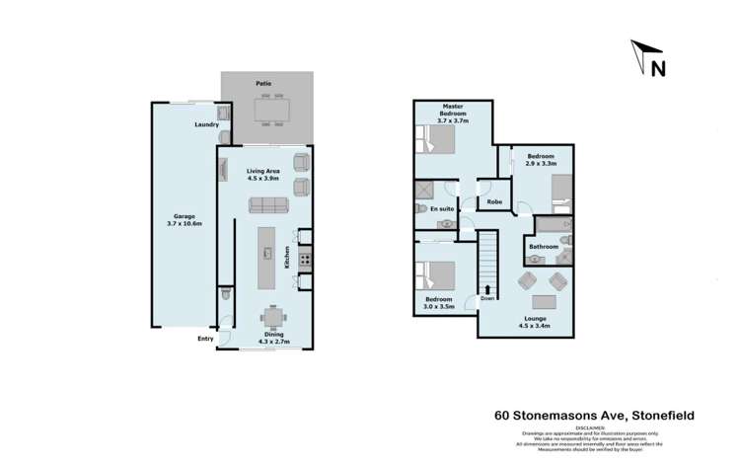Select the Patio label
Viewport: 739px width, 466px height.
263,84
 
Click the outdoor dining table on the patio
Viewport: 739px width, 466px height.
269,111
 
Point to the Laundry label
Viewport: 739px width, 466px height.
206,124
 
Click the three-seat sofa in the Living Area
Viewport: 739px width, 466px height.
267,205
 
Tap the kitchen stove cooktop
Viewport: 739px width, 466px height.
304,261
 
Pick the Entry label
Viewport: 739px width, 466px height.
205,339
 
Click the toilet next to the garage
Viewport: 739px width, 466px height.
226,294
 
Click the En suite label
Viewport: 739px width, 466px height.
442,209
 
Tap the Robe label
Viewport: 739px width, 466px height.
494,201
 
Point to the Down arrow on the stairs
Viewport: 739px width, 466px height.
488,288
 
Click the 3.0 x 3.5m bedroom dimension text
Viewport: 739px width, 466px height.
438,308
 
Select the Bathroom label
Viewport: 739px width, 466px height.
544,246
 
